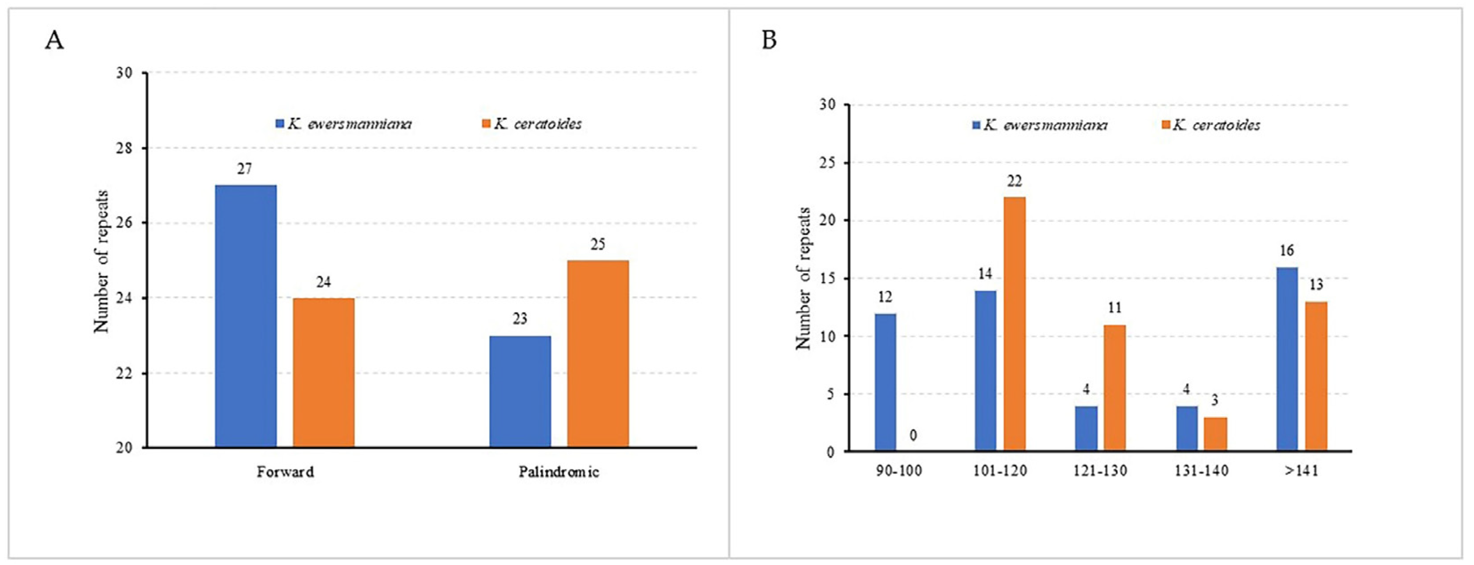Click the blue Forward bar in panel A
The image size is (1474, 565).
[x=246, y=316]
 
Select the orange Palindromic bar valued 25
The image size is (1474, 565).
[x=598, y=353]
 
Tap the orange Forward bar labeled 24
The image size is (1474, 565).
[x=324, y=372]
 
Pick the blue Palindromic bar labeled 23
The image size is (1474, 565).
[x=520, y=391]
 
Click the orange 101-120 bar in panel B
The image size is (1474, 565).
[x=1014, y=324]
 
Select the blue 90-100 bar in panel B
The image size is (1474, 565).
[x=885, y=382]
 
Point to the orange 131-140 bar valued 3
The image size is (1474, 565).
[x=1215, y=434]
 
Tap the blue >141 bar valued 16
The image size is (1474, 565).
[x=1287, y=359]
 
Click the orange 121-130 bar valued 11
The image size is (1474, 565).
[x=1114, y=388]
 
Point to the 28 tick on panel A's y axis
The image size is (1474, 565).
[x=125, y=148]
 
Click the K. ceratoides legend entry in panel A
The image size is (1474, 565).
[x=532, y=124]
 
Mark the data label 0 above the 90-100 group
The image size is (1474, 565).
[x=913, y=436]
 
